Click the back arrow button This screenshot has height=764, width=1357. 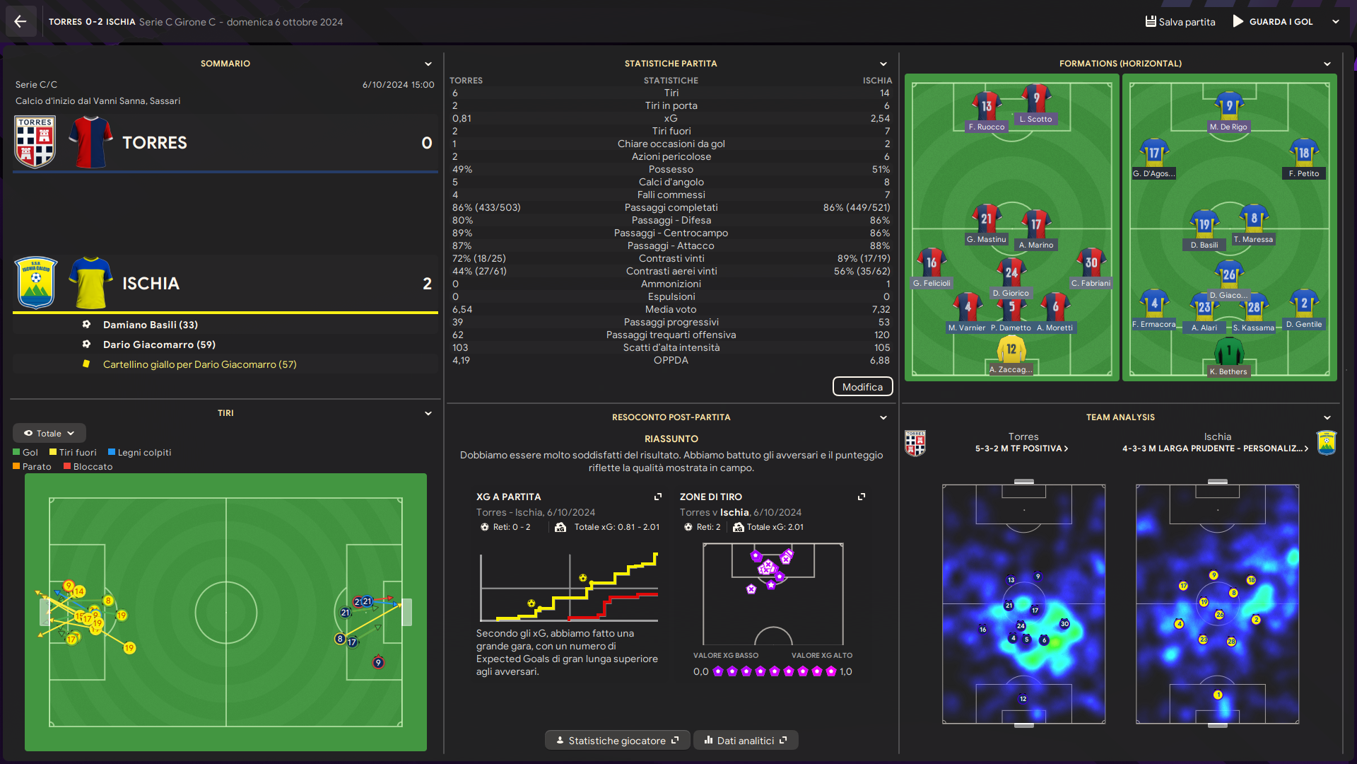[20, 21]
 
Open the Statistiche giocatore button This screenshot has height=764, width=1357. [617, 741]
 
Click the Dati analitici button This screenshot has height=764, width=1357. [746, 741]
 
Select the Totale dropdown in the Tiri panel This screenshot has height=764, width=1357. [49, 433]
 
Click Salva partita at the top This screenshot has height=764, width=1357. [1180, 21]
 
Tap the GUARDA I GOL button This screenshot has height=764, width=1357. [1273, 21]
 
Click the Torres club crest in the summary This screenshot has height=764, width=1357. [35, 142]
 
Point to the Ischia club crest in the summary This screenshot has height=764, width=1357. [35, 283]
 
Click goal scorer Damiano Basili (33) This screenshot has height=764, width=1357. [150, 325]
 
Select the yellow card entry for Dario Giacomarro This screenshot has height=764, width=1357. [199, 364]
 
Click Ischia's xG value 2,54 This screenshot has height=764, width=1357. [880, 118]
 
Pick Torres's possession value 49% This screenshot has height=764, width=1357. [462, 169]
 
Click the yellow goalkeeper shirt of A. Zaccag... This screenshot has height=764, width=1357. [1011, 349]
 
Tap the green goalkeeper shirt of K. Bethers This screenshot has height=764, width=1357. [1229, 351]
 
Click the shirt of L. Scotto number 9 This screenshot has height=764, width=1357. [1036, 99]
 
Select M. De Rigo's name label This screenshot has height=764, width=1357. [1228, 127]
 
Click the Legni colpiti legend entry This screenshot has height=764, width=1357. [140, 453]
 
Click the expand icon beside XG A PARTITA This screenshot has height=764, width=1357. [658, 497]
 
